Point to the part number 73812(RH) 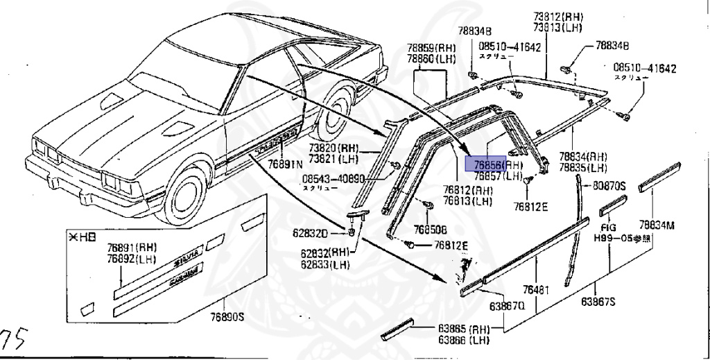(557, 17)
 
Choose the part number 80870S (609, 185)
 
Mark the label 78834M (657, 224)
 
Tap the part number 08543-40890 (332, 178)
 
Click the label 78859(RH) (430, 48)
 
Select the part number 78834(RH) (583, 157)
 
